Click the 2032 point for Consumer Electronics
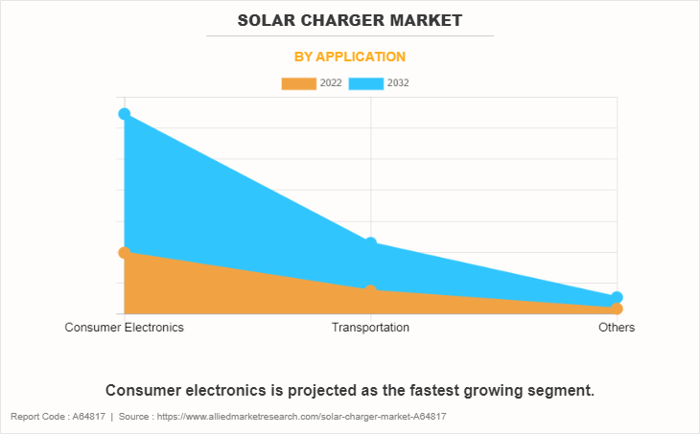tap(125, 114)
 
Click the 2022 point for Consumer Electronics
tap(125, 252)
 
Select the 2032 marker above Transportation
tap(370, 243)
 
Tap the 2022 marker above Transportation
tap(370, 290)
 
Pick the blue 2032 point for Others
tap(617, 298)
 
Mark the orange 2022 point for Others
tap(617, 308)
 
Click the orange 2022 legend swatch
tap(298, 83)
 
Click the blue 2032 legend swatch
tap(366, 83)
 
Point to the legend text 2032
tap(398, 83)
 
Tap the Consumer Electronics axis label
tap(125, 328)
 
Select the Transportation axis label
tap(370, 328)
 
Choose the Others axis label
tap(617, 328)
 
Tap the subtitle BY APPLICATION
tap(349, 57)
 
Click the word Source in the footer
tap(137, 417)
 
